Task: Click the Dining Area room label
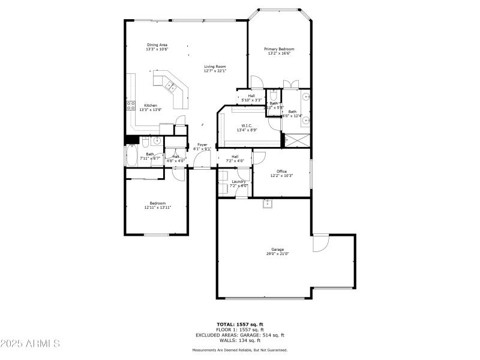click(157, 45)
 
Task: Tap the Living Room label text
click(215, 67)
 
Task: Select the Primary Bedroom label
click(279, 49)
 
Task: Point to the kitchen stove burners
click(130, 107)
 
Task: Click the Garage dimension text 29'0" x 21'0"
click(277, 254)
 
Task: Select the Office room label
click(281, 172)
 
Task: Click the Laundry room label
click(239, 181)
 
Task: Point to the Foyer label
click(202, 145)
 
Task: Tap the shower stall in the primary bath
click(297, 140)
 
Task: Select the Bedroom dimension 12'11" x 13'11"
click(158, 208)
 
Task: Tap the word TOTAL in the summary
click(227, 324)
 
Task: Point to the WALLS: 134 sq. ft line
click(239, 340)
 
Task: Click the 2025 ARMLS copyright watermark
click(30, 344)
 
